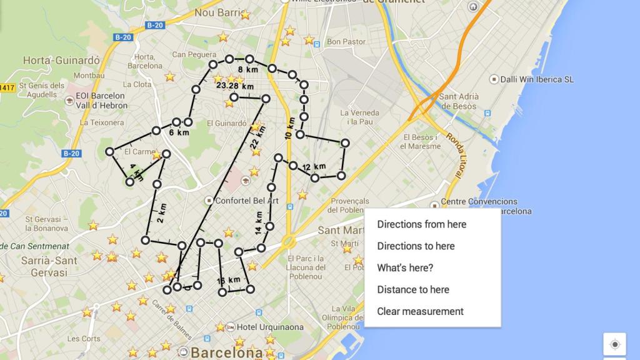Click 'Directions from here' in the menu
pyautogui.click(x=421, y=224)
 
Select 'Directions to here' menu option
pyautogui.click(x=416, y=246)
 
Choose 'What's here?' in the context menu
pyautogui.click(x=405, y=268)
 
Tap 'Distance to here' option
pyautogui.click(x=413, y=289)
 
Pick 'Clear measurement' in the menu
pyautogui.click(x=420, y=311)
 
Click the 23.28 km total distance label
pyautogui.click(x=235, y=86)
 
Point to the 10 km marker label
pyautogui.click(x=289, y=127)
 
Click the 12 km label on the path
pyautogui.click(x=314, y=167)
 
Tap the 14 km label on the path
pyautogui.click(x=259, y=222)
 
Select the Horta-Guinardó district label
pyautogui.click(x=61, y=61)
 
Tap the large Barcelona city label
pyautogui.click(x=226, y=352)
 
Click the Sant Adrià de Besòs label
pyautogui.click(x=459, y=101)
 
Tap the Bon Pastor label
pyautogui.click(x=346, y=42)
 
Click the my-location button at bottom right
pyautogui.click(x=614, y=344)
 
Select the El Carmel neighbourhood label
pyautogui.click(x=139, y=152)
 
